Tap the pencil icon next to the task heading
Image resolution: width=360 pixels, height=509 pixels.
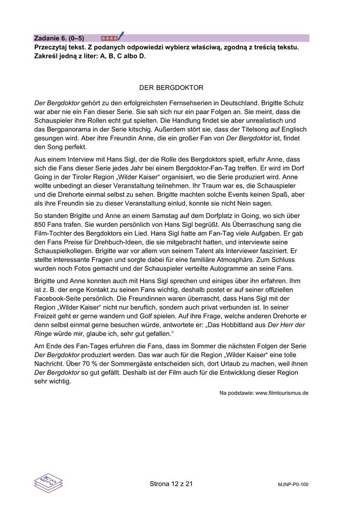120,37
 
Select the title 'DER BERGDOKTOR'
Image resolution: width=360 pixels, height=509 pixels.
171,87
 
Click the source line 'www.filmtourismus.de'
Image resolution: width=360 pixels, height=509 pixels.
281,392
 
